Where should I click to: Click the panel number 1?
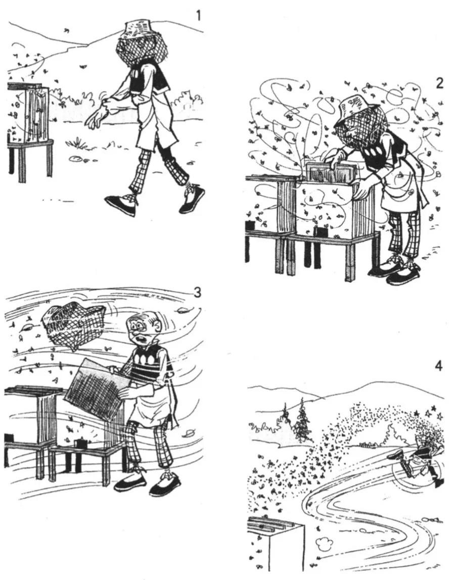click(x=199, y=16)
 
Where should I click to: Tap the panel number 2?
click(x=439, y=83)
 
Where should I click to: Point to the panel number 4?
click(x=439, y=366)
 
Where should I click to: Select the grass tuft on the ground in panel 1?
click(x=78, y=142)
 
